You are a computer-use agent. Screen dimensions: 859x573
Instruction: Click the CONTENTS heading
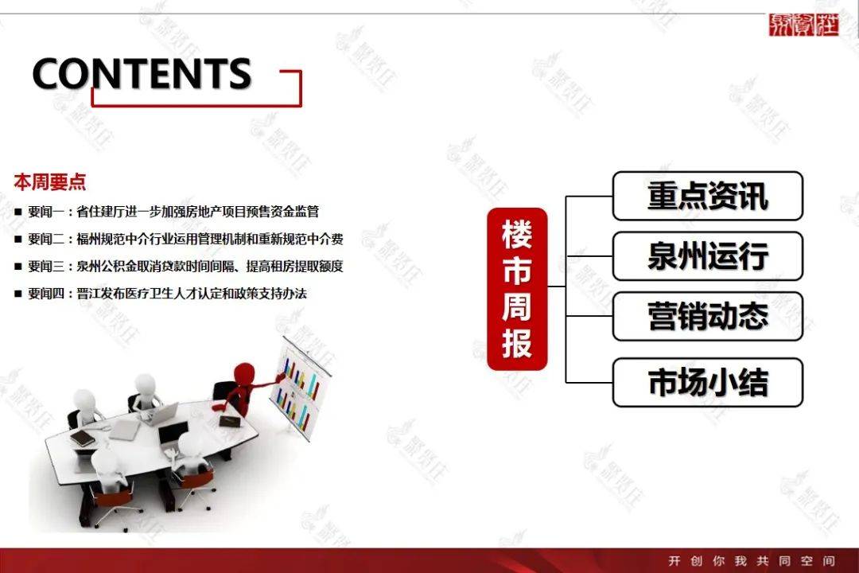[x=142, y=73]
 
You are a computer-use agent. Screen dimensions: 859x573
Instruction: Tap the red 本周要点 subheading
[x=50, y=182]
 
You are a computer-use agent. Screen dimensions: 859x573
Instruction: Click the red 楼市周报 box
[x=517, y=289]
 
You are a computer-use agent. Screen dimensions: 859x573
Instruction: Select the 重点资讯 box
[x=708, y=196]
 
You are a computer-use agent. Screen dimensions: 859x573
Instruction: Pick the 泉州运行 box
[x=708, y=256]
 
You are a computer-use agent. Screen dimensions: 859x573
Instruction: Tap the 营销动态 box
[x=708, y=317]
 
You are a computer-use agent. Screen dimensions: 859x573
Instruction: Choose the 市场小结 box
[x=708, y=382]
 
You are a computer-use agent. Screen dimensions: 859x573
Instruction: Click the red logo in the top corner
[x=803, y=25]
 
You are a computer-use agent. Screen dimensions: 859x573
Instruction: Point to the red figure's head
[x=244, y=373]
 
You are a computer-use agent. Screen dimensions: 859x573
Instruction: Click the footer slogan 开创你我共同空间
[x=752, y=560]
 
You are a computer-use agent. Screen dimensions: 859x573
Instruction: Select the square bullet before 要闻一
[x=18, y=212]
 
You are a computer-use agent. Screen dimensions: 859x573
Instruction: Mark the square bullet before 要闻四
[x=18, y=294]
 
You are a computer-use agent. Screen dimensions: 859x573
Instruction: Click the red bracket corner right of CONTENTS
[x=300, y=72]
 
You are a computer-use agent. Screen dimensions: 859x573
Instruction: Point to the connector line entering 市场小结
[x=589, y=382]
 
